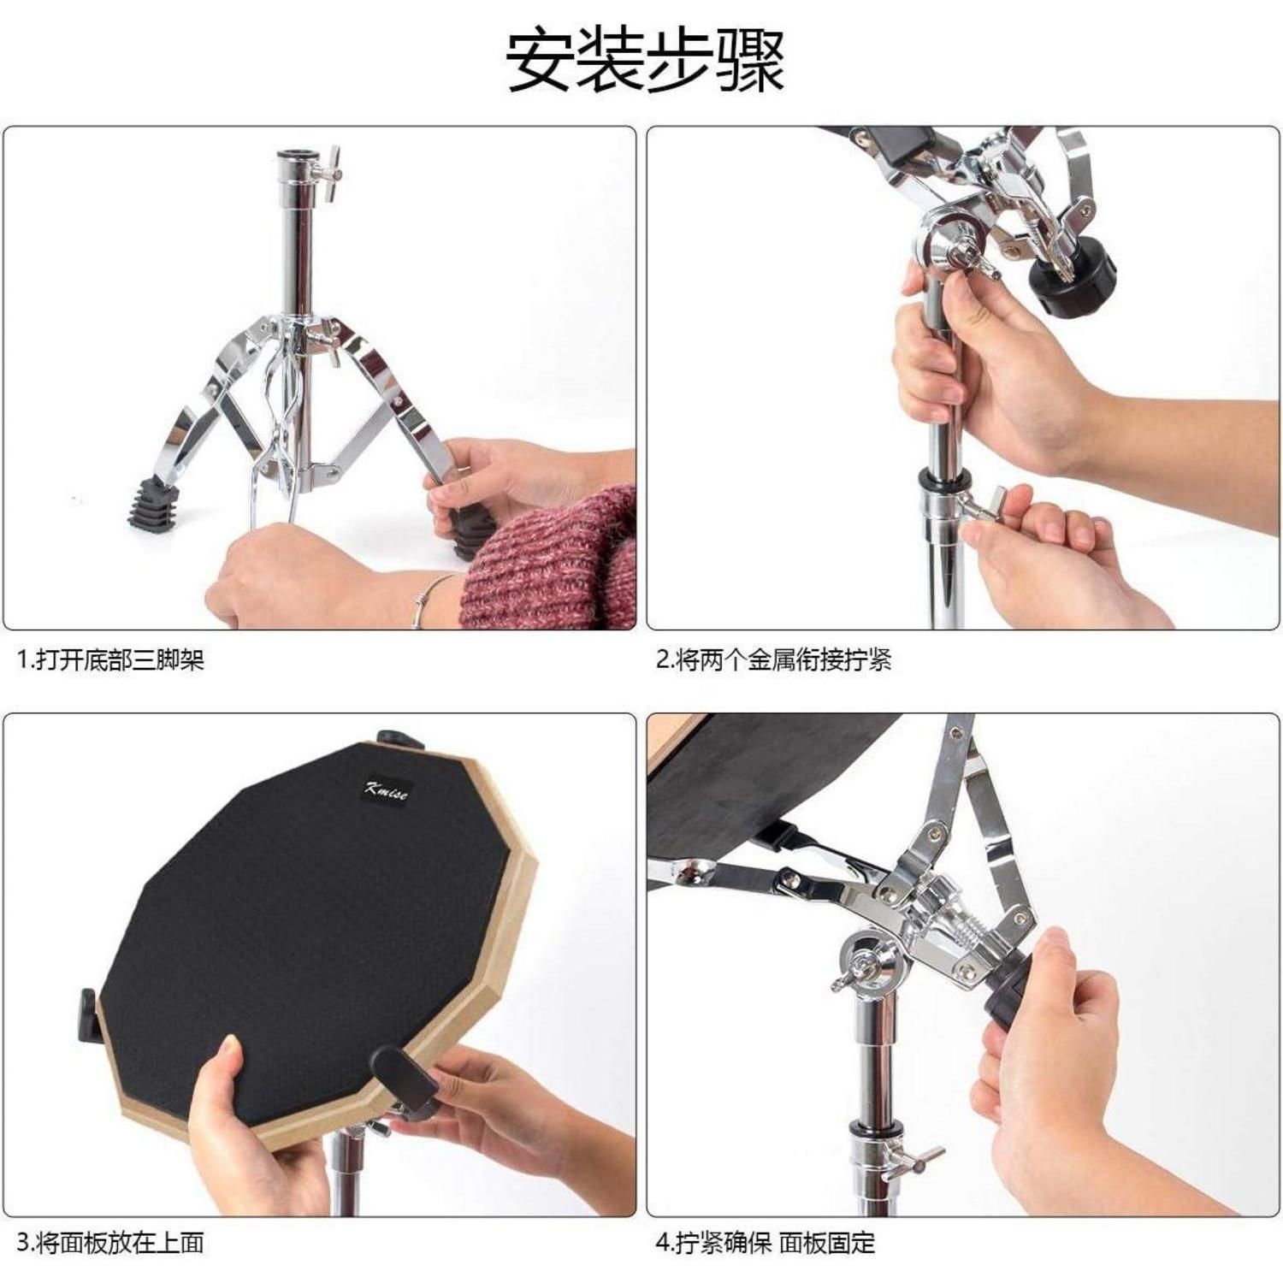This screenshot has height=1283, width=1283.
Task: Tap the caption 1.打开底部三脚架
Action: (111, 659)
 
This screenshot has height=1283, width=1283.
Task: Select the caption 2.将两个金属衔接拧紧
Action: (774, 659)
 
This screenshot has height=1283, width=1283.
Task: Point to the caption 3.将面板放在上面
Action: (111, 1242)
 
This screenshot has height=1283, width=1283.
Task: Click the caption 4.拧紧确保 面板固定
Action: (766, 1242)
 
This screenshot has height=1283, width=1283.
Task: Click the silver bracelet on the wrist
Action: (425, 601)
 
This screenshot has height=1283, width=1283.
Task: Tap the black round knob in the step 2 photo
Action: (1071, 286)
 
